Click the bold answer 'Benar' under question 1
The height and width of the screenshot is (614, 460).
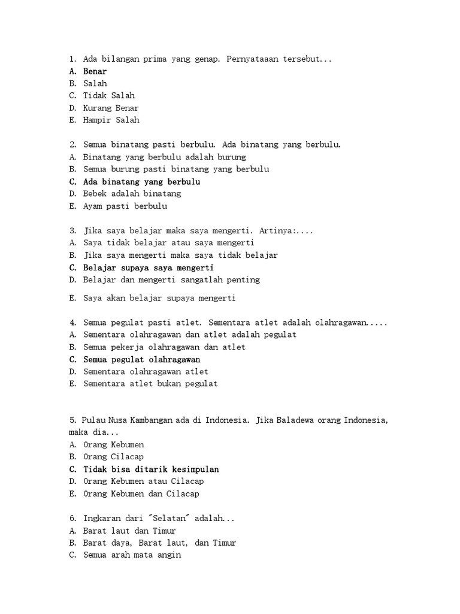pos(95,71)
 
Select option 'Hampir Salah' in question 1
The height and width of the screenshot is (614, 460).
pos(111,120)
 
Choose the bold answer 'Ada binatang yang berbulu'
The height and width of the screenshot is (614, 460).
pos(141,182)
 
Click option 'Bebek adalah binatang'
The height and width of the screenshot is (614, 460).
pos(132,194)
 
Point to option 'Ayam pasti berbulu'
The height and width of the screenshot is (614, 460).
pos(125,206)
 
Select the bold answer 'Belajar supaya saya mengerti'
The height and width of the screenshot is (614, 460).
pos(148,267)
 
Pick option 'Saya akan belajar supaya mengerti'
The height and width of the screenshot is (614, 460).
pos(159,298)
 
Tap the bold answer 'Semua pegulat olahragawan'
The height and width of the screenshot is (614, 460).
pos(141,360)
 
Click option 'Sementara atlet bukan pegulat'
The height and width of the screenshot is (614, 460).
pos(150,384)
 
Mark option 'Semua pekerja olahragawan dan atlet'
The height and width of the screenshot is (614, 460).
pos(164,347)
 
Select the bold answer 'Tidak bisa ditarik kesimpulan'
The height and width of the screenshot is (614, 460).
pos(151,469)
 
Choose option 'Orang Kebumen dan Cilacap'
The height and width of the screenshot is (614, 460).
pos(141,494)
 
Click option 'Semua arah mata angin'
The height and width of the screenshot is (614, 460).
pos(132,555)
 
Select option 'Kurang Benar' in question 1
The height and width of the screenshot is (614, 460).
pos(111,108)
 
